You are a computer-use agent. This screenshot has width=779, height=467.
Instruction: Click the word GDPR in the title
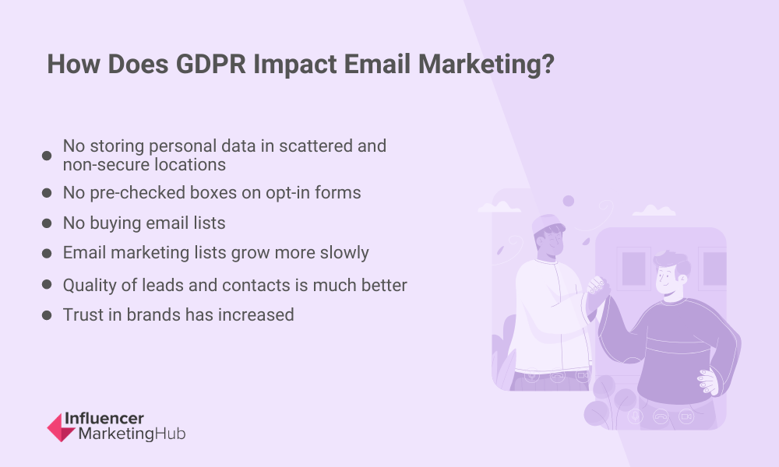coord(210,64)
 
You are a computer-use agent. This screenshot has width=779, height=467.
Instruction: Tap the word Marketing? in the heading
coord(486,65)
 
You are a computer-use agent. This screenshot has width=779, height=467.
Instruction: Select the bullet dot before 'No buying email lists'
coord(47,223)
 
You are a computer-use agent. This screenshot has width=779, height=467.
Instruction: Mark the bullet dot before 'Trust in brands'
coord(47,315)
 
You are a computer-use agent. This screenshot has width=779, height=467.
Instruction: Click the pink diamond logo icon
coord(61,427)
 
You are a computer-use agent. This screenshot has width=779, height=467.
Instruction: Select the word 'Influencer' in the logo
coord(104,419)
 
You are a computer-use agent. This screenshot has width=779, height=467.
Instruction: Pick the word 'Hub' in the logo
coord(170,434)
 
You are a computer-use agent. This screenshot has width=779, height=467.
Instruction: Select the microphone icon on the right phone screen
coord(636,416)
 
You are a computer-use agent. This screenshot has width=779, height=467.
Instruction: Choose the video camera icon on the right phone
coord(686,416)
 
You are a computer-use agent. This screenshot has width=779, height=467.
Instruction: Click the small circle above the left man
coord(569,201)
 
